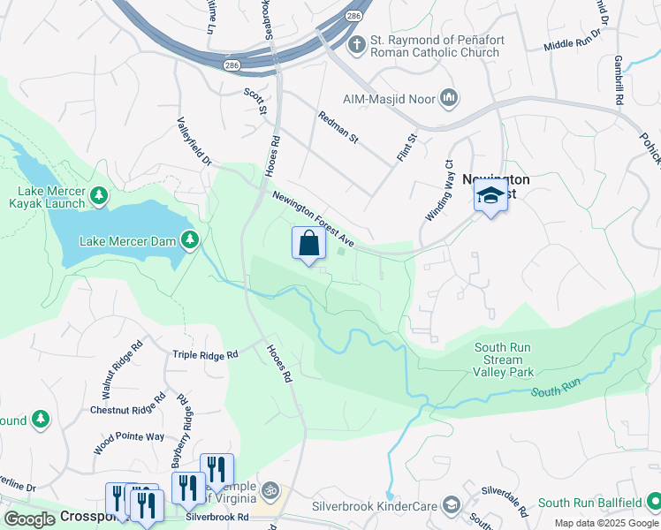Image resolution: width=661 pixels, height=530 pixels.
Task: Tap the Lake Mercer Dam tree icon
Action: (189, 239)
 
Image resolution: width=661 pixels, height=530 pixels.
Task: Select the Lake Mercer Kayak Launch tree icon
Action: (100, 193)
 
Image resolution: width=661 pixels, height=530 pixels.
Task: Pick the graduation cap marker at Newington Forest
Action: (490, 196)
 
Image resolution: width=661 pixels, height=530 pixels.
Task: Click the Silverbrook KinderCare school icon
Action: (451, 505)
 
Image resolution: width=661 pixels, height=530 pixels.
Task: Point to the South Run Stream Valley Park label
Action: (503, 360)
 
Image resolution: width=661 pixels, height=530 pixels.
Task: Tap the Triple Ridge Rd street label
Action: (205, 354)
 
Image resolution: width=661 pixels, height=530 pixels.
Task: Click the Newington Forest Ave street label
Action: (313, 219)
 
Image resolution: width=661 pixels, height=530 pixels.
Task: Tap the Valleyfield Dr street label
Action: (194, 142)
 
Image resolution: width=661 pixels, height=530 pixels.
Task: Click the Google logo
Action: (29, 519)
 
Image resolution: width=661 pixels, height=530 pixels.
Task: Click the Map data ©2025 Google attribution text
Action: (605, 523)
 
